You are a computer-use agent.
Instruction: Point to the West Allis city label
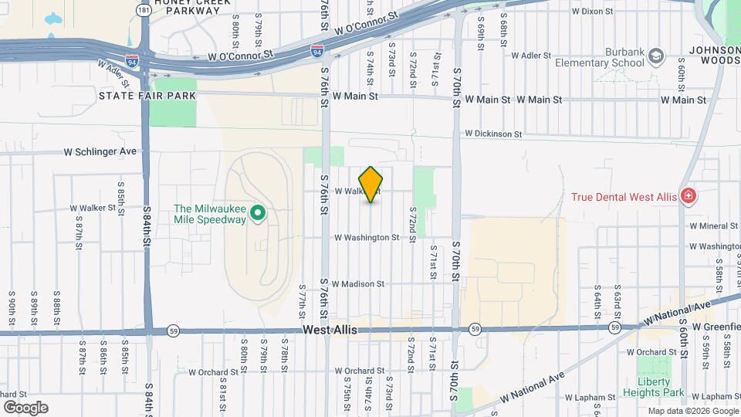tap(330, 330)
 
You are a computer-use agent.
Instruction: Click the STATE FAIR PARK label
tap(147, 95)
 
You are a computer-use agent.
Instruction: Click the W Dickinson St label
tap(493, 134)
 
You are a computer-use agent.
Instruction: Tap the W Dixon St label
tap(592, 12)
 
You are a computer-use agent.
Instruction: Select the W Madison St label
tap(359, 284)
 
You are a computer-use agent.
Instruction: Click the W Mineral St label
tap(714, 226)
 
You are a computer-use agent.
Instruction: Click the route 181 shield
tap(143, 10)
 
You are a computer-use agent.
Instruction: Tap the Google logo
tap(26, 407)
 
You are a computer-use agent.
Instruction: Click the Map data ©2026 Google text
tap(692, 411)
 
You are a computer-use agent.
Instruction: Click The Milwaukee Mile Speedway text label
tap(210, 213)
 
